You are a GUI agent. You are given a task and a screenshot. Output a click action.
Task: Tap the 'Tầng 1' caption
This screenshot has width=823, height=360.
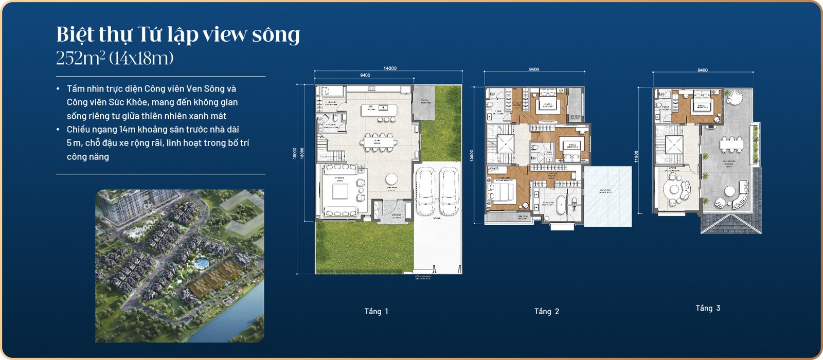pos(376,311)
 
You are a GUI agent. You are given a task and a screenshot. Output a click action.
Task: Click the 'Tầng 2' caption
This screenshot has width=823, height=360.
pos(546,311)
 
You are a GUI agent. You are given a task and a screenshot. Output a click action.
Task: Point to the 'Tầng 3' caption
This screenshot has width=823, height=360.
pos(708,308)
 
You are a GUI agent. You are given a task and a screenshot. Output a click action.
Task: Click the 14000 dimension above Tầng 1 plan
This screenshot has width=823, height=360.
pos(390,68)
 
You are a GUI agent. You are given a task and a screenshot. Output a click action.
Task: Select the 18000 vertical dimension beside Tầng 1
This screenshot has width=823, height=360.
pos(295,153)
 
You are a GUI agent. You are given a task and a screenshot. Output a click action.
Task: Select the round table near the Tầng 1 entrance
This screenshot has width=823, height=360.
pos(391,179)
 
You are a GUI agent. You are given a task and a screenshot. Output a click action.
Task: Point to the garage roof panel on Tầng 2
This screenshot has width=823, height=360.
pos(607,196)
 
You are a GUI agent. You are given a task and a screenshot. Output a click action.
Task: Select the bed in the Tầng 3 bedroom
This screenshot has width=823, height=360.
pos(702,106)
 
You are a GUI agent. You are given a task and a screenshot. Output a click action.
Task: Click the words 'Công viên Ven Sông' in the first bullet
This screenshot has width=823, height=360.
pos(190,88)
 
